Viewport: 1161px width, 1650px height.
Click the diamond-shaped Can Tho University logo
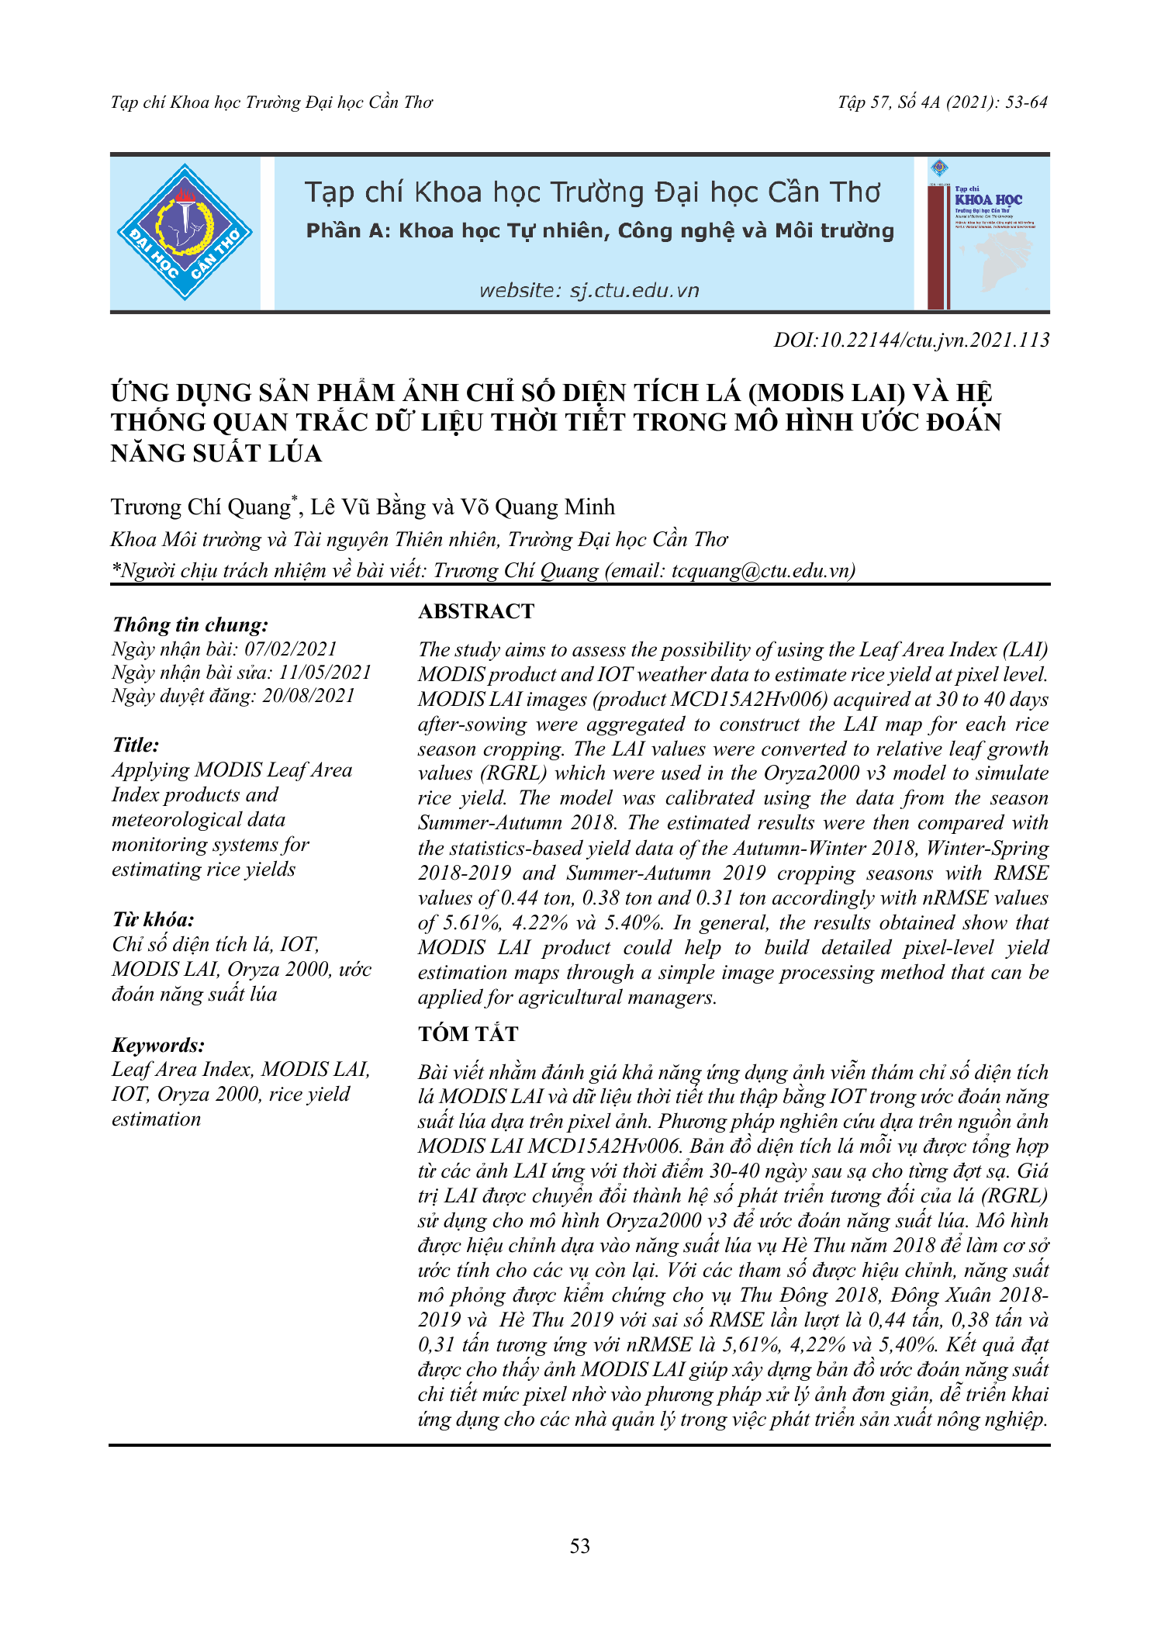(185, 233)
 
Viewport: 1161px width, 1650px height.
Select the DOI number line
(911, 340)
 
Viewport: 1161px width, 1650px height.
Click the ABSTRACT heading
(476, 612)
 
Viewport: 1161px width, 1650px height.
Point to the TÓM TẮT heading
(468, 1034)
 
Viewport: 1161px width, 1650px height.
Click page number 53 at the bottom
(580, 1546)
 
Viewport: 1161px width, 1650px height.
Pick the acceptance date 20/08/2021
(308, 696)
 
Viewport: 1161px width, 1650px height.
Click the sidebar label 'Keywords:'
(159, 1045)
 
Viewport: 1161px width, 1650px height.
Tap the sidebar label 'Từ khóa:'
(154, 920)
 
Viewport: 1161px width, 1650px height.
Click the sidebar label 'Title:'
(136, 745)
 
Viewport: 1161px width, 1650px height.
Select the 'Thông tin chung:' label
(191, 625)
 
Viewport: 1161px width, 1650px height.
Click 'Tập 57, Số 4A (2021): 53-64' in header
(942, 102)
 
